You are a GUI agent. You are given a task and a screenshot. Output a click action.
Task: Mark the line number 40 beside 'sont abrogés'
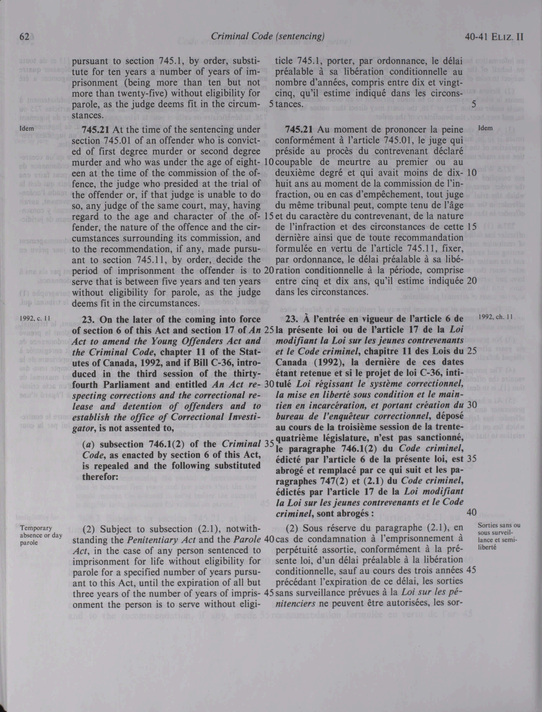pos(472,512)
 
